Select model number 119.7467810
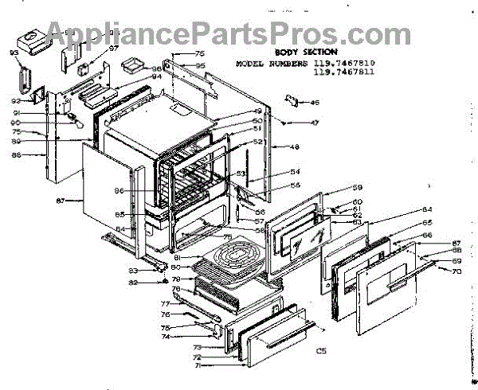pyautogui.click(x=343, y=62)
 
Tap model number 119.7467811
pyautogui.click(x=343, y=72)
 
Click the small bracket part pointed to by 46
pyautogui.click(x=292, y=100)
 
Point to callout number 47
pyautogui.click(x=314, y=123)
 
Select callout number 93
pyautogui.click(x=14, y=53)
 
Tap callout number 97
pyautogui.click(x=113, y=49)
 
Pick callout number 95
pyautogui.click(x=201, y=65)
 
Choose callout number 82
pyautogui.click(x=135, y=282)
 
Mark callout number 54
pyautogui.click(x=272, y=172)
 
